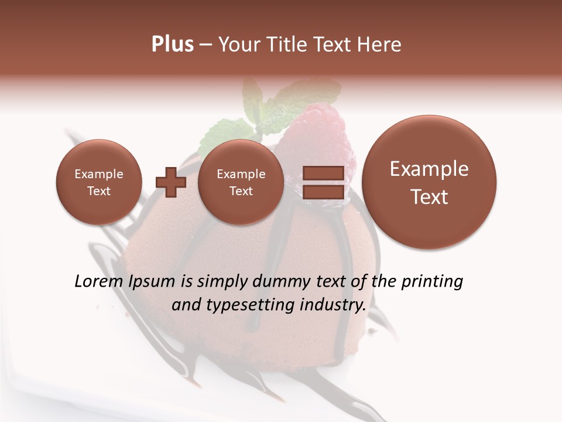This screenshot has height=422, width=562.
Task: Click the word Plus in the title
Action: tap(172, 45)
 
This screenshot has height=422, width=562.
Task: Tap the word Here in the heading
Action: tap(380, 45)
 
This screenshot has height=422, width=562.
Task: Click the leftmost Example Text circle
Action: tap(99, 182)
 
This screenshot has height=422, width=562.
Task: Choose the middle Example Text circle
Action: tap(241, 182)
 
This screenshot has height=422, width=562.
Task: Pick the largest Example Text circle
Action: tap(429, 182)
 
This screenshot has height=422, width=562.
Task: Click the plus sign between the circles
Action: tap(171, 182)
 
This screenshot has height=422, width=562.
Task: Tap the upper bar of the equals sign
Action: tap(323, 173)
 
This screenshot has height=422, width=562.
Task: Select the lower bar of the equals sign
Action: tap(323, 192)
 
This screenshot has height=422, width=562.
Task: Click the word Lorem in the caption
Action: tap(99, 281)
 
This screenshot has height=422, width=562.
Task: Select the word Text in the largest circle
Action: tap(429, 197)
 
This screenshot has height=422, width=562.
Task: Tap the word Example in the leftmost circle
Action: tap(99, 174)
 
